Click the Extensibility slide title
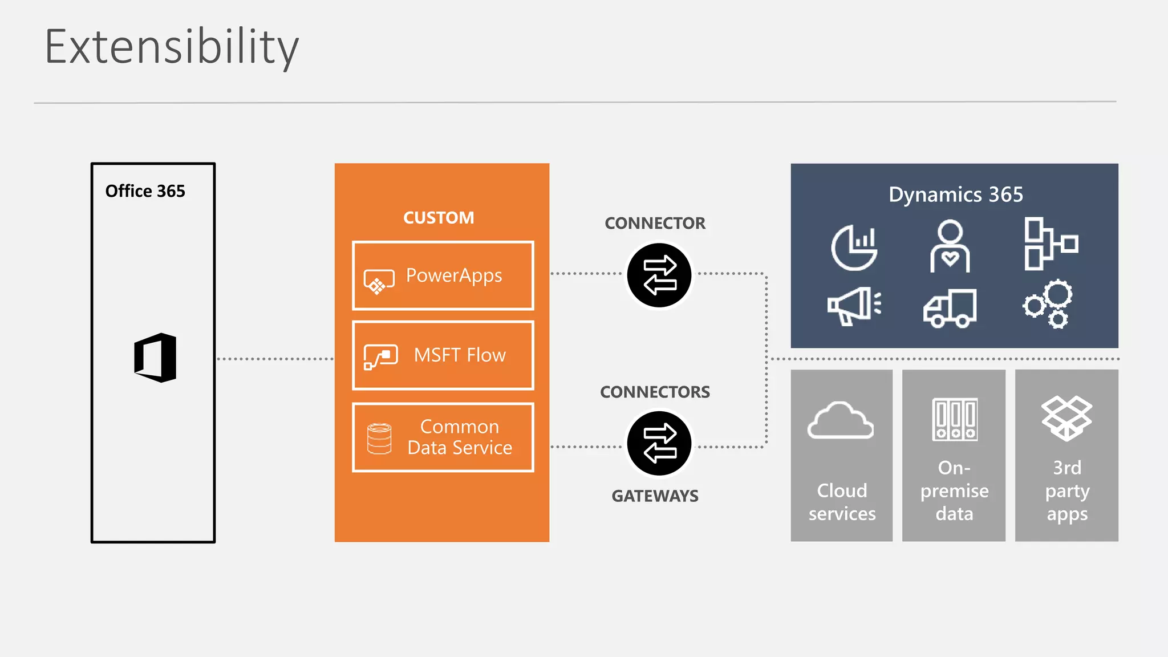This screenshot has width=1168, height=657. click(171, 47)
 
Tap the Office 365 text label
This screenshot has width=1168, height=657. click(145, 191)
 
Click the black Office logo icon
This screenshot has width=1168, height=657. click(155, 358)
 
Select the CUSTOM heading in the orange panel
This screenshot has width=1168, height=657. click(439, 218)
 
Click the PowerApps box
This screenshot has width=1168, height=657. click(443, 276)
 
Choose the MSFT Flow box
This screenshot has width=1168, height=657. click(443, 355)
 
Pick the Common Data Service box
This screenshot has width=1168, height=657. click(443, 437)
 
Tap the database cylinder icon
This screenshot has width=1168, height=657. click(379, 439)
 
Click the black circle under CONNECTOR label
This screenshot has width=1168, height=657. click(659, 275)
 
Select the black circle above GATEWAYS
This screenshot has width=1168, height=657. click(659, 444)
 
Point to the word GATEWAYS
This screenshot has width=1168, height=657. click(655, 496)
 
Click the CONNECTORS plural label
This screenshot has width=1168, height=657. click(655, 392)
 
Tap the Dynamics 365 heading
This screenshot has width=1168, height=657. click(956, 195)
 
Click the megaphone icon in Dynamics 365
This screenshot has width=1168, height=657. click(854, 306)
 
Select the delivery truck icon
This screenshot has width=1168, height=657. click(950, 308)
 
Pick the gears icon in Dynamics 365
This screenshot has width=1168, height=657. click(1048, 304)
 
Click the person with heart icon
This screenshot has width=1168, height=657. click(950, 246)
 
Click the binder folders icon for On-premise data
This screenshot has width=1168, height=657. click(955, 420)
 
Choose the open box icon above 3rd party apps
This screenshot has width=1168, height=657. click(1066, 419)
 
